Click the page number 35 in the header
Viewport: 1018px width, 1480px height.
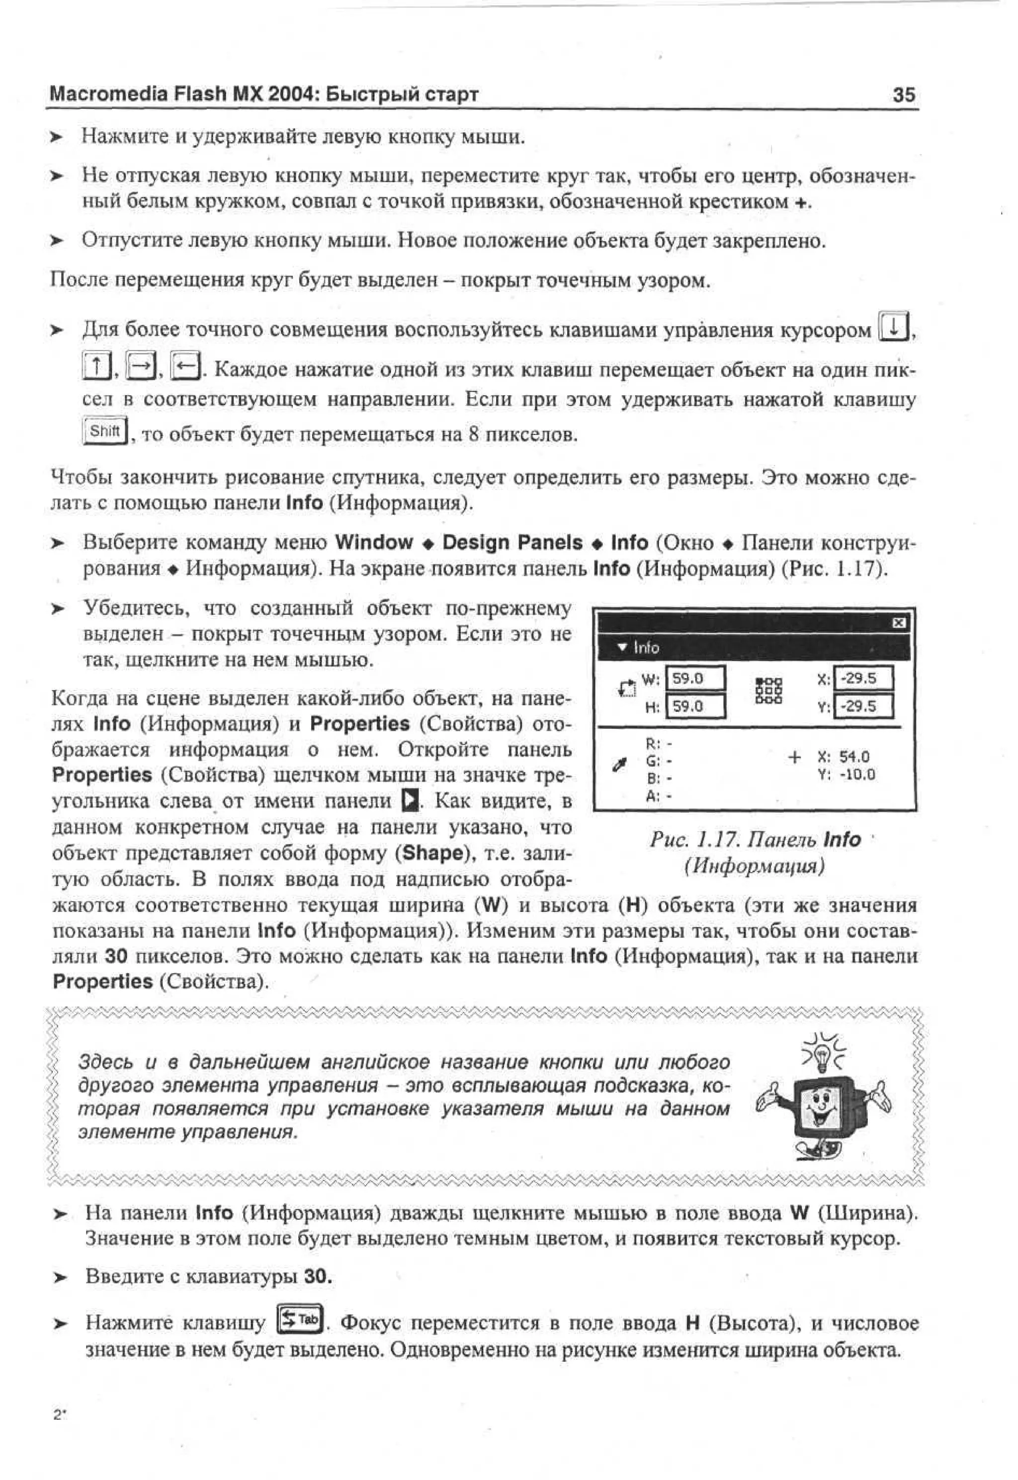click(x=903, y=95)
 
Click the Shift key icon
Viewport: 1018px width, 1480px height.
click(x=105, y=432)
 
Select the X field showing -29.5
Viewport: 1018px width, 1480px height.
click(x=863, y=678)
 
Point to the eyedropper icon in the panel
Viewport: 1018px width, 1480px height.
click(x=618, y=764)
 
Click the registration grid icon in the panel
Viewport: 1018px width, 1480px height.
click(x=769, y=691)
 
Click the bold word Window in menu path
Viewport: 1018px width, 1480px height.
click(x=374, y=542)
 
